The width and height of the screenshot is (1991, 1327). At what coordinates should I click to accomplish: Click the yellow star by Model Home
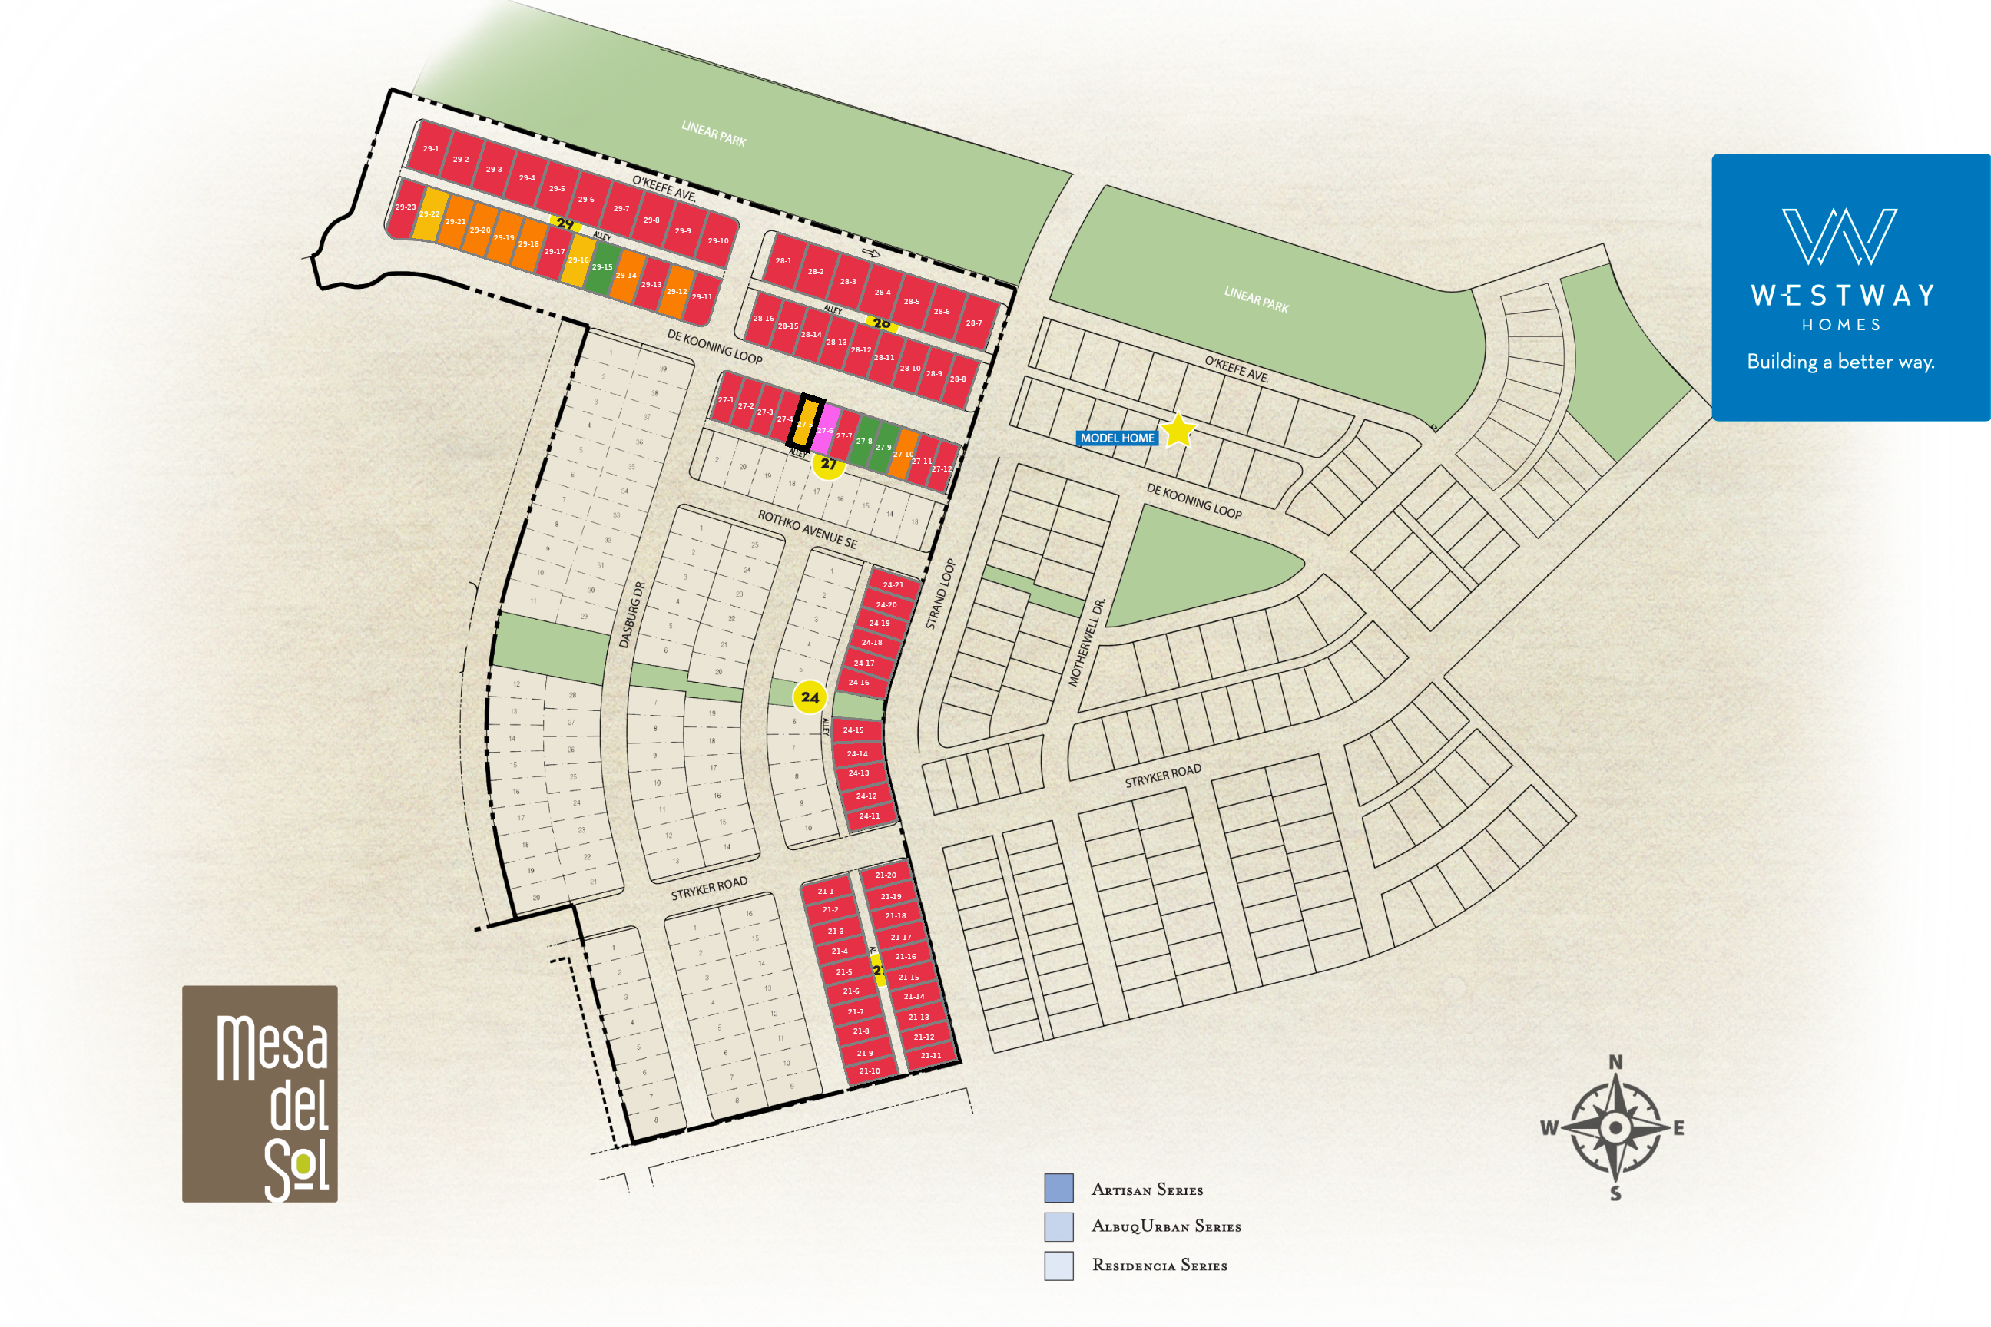[1178, 431]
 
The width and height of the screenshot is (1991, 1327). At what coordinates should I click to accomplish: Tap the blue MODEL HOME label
[1117, 438]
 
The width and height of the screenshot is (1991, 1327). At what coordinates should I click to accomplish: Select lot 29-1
[431, 148]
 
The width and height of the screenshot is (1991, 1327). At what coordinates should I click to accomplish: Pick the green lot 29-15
[602, 267]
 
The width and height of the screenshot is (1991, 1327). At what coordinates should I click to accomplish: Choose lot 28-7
[974, 323]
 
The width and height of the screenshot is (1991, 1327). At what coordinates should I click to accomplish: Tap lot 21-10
[870, 1071]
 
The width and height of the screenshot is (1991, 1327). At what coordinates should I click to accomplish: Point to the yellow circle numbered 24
[810, 697]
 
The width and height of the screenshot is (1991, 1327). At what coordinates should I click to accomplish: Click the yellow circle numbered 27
[829, 465]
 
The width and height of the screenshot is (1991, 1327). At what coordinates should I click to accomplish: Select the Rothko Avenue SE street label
[807, 529]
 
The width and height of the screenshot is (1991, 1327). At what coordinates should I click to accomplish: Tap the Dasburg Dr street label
[631, 615]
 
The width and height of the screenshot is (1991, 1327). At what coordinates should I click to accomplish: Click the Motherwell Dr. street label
[1087, 642]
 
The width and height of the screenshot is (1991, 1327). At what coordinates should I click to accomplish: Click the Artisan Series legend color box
[1058, 1188]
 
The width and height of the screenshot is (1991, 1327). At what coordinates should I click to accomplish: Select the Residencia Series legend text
[1159, 1266]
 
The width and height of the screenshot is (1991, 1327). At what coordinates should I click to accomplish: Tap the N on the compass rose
[1615, 1062]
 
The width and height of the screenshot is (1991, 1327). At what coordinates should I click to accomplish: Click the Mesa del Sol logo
[260, 1094]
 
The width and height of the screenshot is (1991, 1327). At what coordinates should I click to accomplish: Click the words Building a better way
[1840, 362]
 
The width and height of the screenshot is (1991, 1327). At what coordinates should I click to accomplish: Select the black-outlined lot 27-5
[805, 422]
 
